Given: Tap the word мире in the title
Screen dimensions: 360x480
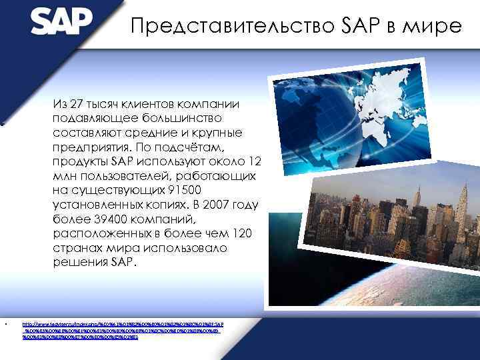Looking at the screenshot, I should click(436, 26).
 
